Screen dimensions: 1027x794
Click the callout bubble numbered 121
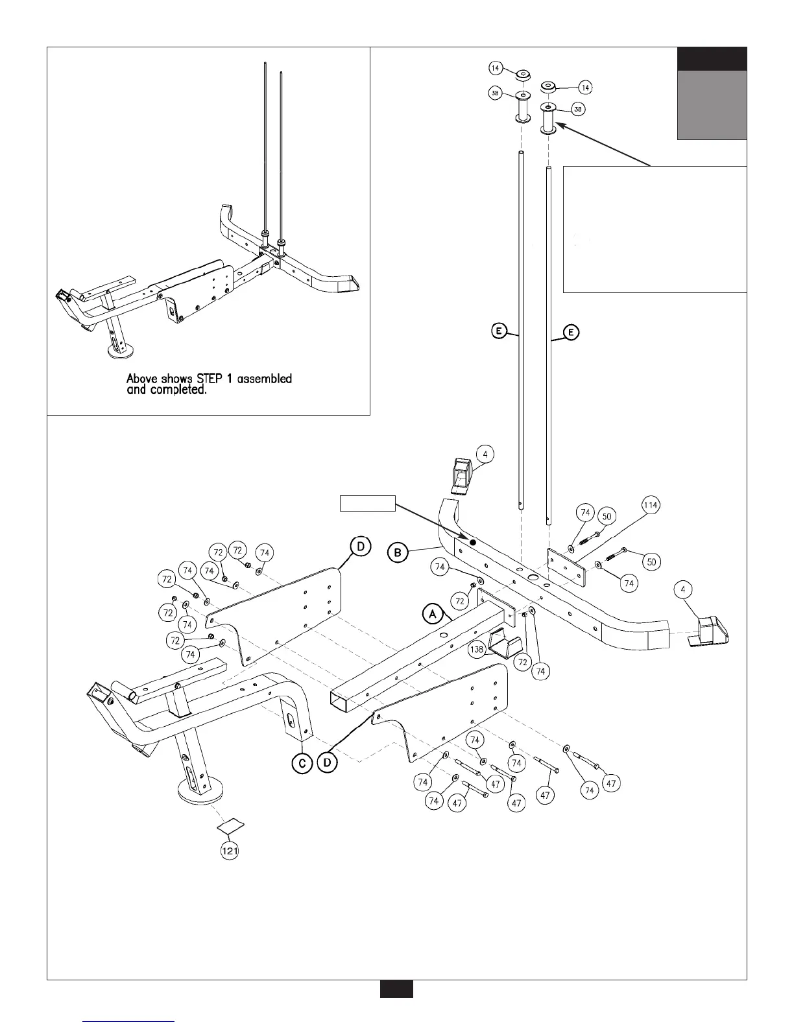(230, 851)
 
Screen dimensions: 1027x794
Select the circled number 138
(477, 648)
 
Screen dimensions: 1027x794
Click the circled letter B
(398, 553)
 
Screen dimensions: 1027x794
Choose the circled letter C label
(302, 764)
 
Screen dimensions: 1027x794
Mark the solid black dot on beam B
(473, 542)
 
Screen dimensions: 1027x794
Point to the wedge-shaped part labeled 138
(505, 643)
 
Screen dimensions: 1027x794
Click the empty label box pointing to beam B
(368, 502)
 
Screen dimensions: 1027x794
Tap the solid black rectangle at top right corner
(712, 59)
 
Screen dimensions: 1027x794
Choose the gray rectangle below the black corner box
(712, 105)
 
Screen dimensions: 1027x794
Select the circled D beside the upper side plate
(361, 547)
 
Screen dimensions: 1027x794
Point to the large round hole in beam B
(533, 576)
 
